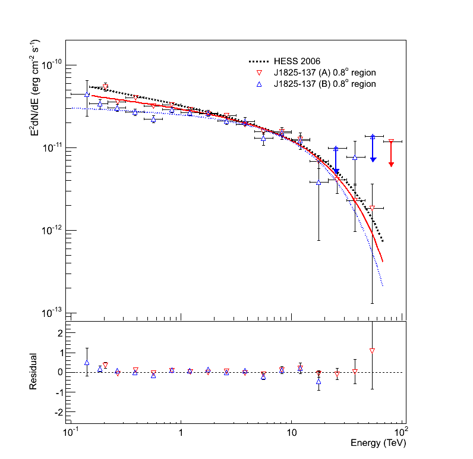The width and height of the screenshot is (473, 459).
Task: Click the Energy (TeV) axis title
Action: point(378,443)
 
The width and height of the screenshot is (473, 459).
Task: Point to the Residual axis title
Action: point(35,372)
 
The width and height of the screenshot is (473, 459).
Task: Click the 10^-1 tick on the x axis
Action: point(71,430)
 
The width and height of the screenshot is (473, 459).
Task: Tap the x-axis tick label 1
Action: point(181,431)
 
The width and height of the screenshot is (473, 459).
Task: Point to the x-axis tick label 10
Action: point(291,431)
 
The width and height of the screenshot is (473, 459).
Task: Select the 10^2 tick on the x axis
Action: point(402,430)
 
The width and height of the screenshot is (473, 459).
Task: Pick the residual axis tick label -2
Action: point(58,411)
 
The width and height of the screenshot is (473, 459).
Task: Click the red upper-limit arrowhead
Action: point(391,164)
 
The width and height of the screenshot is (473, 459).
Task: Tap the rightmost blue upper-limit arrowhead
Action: point(373,159)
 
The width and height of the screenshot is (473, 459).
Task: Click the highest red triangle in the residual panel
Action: point(372,351)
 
